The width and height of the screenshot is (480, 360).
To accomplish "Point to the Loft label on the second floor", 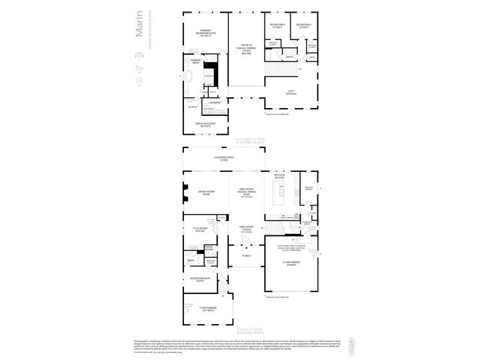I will [x=291, y=93].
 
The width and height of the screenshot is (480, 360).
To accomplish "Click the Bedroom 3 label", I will [x=277, y=26].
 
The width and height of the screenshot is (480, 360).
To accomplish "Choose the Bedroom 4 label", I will [x=304, y=26].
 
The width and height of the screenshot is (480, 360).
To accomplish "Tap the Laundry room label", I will [x=215, y=103].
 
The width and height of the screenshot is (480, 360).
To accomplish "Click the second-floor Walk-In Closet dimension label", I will [x=205, y=124].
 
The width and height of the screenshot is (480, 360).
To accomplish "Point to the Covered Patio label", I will [x=221, y=159].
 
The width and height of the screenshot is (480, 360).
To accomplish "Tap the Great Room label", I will [x=206, y=193].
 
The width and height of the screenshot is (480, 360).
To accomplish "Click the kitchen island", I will [x=281, y=196].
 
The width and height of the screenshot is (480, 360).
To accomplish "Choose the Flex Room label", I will [x=200, y=229].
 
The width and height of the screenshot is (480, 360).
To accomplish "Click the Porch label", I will [x=246, y=255].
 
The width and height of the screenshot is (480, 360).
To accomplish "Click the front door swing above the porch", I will [x=233, y=247].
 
